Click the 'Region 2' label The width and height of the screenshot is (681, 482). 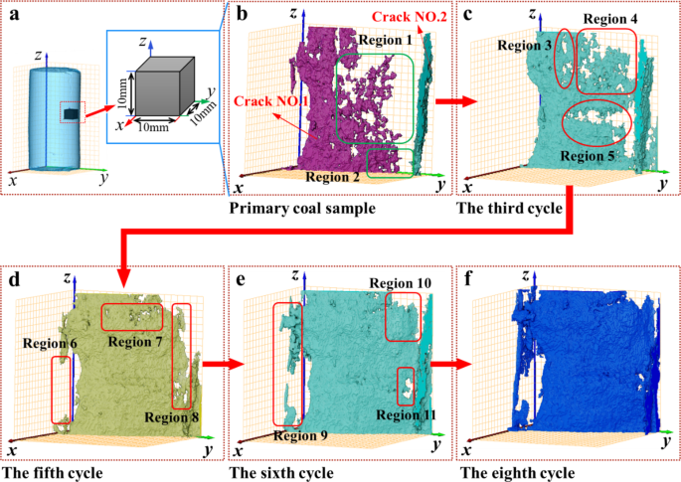[333, 177]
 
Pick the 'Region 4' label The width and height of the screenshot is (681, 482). [610, 19]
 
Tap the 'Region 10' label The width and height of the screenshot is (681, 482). [402, 283]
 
